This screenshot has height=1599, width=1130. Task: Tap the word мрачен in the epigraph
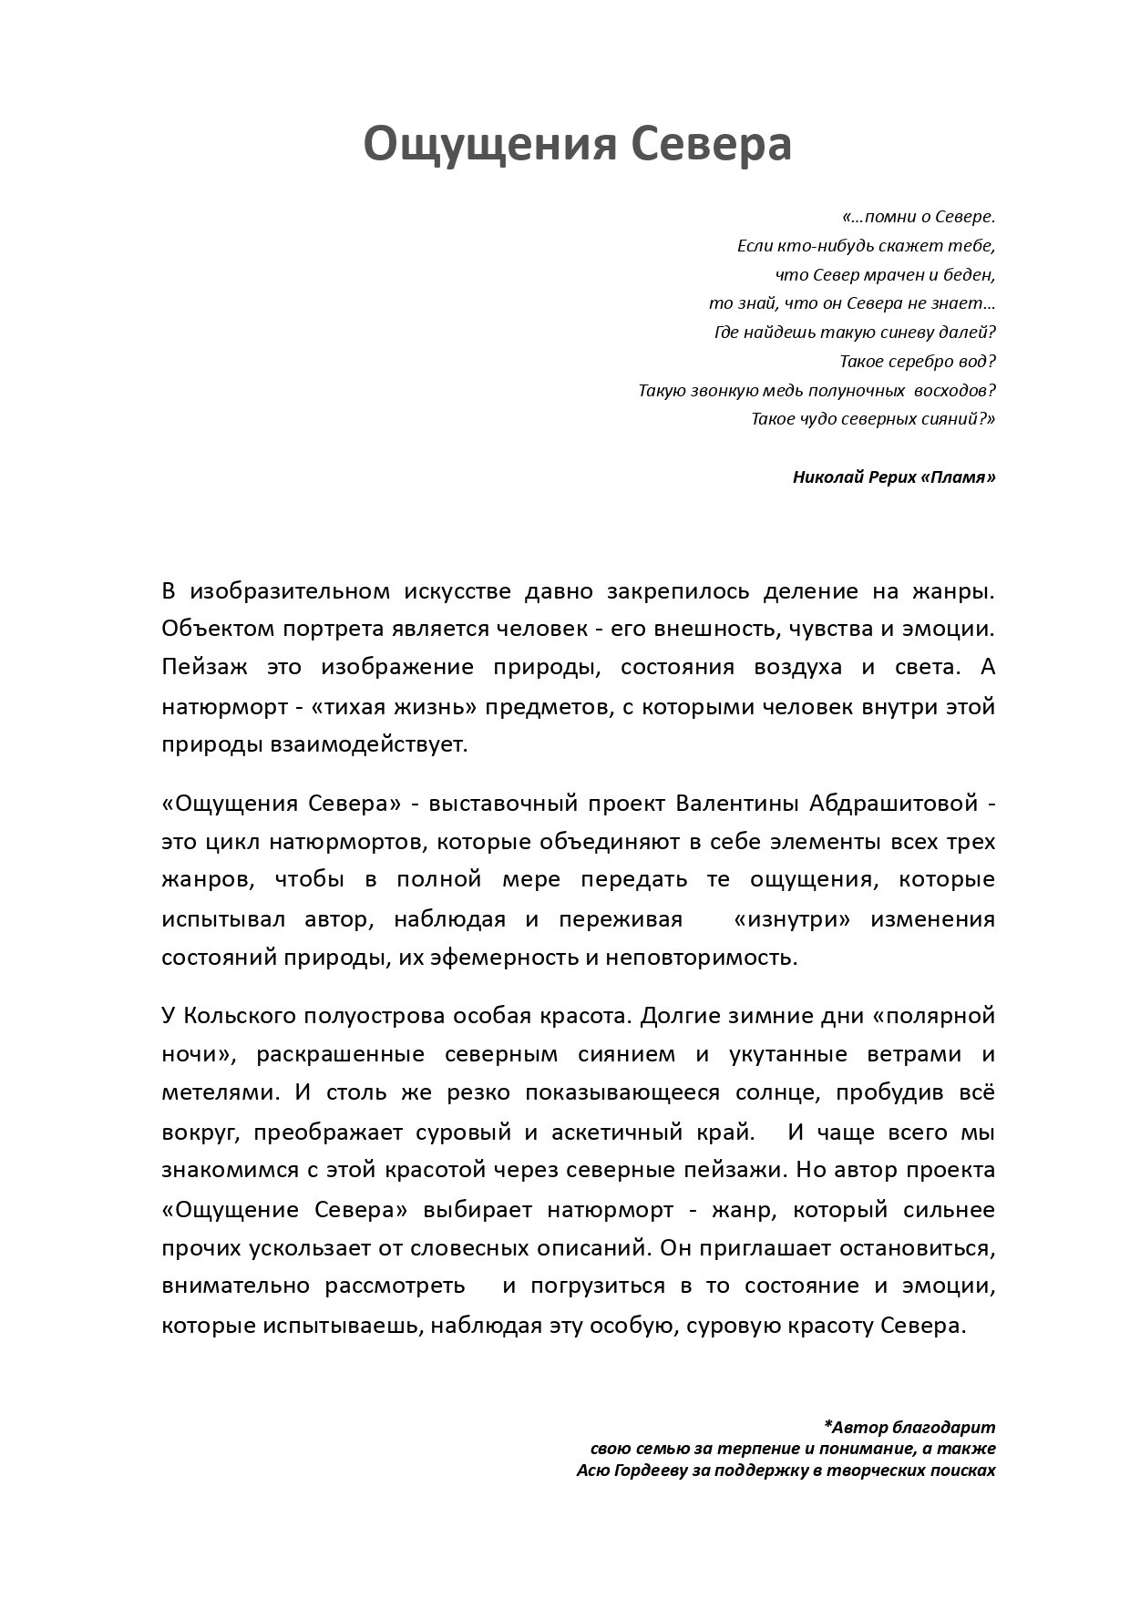click(905, 274)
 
